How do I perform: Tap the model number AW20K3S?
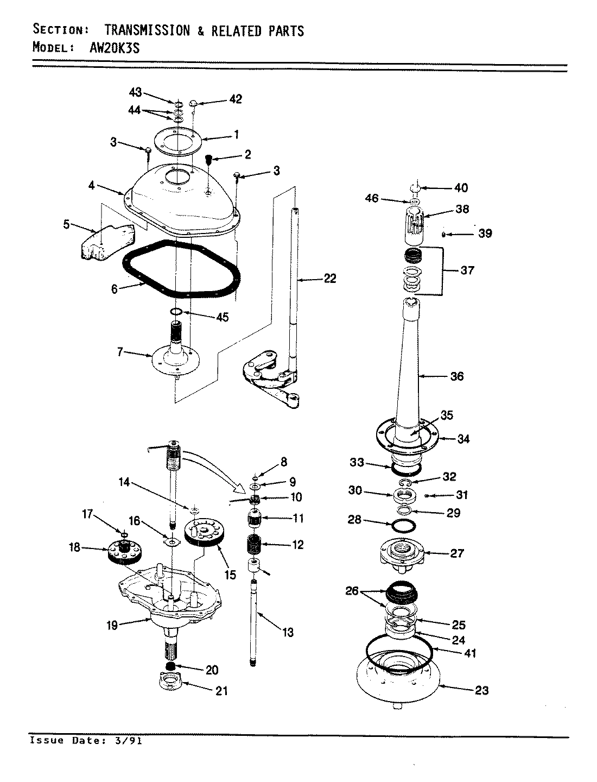pyautogui.click(x=113, y=48)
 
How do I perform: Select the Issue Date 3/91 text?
pyautogui.click(x=84, y=741)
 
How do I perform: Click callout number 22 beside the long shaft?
pyautogui.click(x=329, y=279)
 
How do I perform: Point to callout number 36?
pyautogui.click(x=457, y=376)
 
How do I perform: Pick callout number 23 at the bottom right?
pyautogui.click(x=481, y=690)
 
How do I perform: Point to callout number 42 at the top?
pyautogui.click(x=235, y=99)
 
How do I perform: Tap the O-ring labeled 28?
pyautogui.click(x=404, y=526)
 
